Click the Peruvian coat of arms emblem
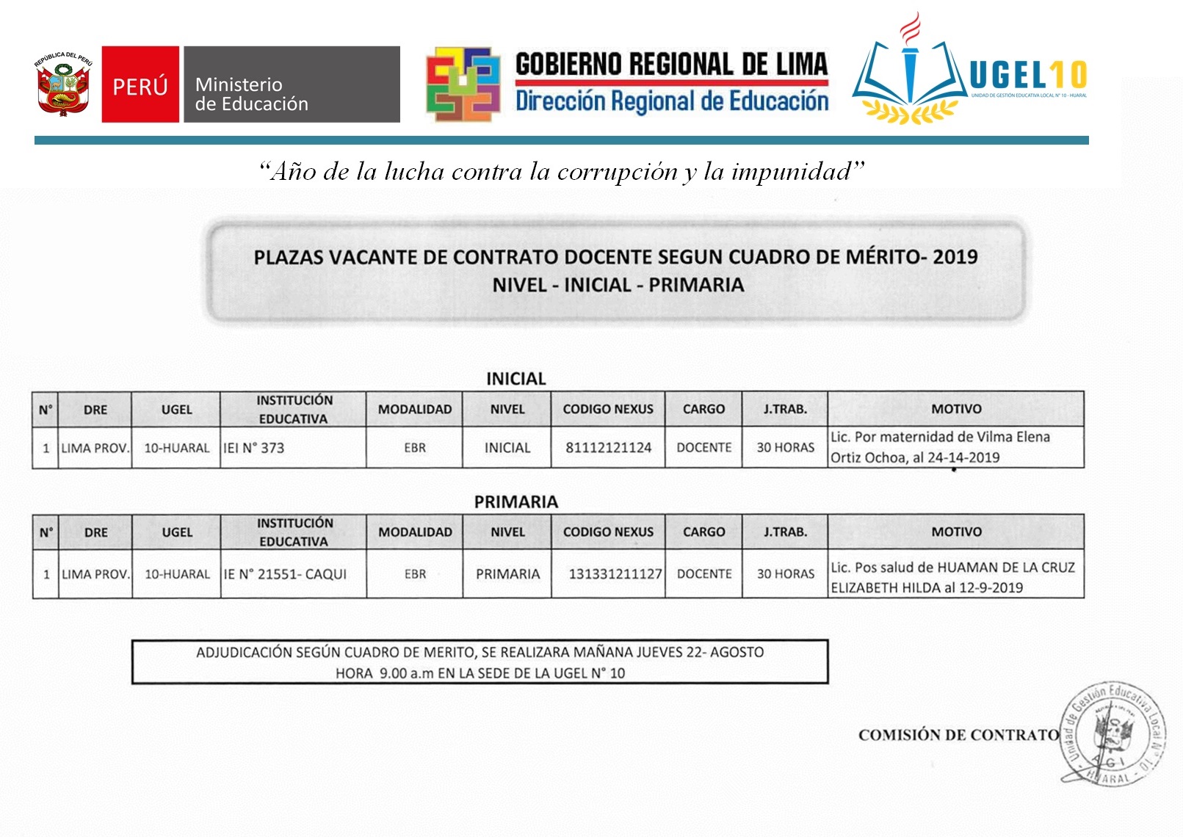coord(64,84)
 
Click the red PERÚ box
coord(140,84)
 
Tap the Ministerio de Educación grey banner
coord(292,84)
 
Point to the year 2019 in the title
coord(955,257)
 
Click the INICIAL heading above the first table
coord(516,379)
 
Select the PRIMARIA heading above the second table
coord(516,502)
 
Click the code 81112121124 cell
coord(608,448)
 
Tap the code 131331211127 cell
coord(615,574)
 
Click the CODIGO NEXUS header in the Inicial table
coord(608,409)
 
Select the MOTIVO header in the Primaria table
coord(956,532)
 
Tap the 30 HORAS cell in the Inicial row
coord(786,448)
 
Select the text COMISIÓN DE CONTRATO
coord(958,735)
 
